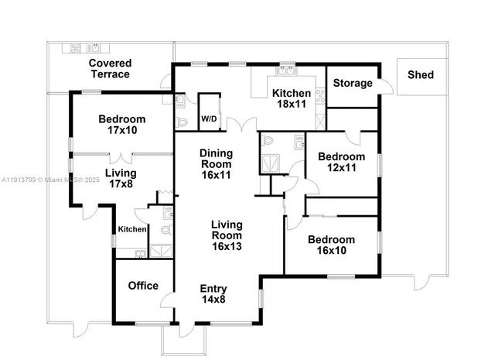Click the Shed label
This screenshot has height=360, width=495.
421,75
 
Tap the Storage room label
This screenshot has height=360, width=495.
353,83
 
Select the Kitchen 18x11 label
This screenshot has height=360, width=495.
291,98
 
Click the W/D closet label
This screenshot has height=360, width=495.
209,119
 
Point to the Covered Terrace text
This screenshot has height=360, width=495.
109,68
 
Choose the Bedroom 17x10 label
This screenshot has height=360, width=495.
122,125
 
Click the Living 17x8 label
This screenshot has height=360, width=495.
121,178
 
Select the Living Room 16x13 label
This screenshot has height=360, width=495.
227,235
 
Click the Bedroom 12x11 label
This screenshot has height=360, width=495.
341,163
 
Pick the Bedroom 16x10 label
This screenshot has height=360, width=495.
330,245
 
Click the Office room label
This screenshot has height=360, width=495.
143,285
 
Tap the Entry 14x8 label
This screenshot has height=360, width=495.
213,294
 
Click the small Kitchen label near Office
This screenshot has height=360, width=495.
131,229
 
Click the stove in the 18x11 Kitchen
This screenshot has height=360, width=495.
320,97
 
